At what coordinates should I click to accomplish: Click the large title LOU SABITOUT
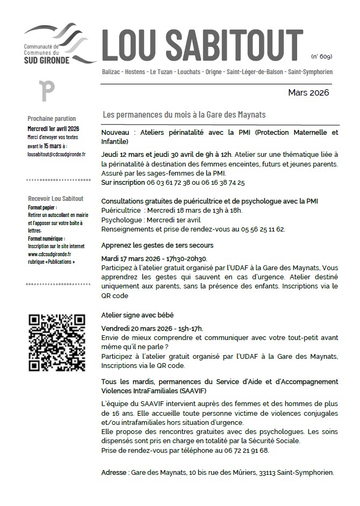[x=203, y=45]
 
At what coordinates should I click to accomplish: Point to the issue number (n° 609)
[x=321, y=56]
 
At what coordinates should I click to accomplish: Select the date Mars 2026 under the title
[x=308, y=92]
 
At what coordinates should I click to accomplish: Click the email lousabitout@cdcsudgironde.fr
[x=56, y=154]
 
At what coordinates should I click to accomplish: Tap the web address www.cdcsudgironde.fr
[x=49, y=254]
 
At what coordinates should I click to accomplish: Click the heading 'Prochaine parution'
[x=52, y=119]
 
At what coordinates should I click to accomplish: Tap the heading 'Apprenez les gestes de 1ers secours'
[x=157, y=245]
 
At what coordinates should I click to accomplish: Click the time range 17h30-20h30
[x=175, y=258]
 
